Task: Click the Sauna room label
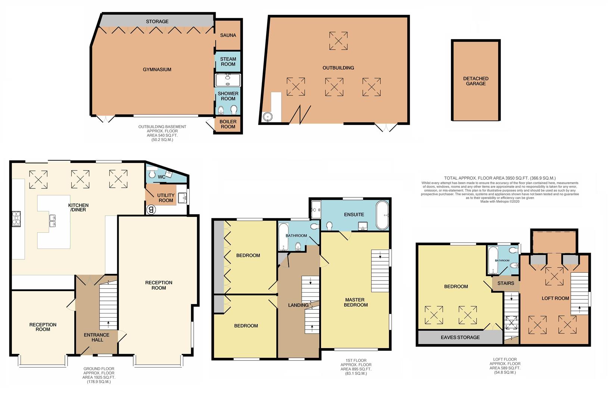[x=228, y=35]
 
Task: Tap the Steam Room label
[x=228, y=62]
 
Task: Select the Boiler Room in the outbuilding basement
[x=228, y=124]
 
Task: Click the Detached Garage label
[x=476, y=81]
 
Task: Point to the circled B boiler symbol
[x=151, y=210]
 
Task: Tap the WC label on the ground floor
[x=161, y=177]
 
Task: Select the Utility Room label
[x=166, y=198]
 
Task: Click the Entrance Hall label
[x=97, y=337]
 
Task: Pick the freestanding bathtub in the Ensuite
[x=383, y=215]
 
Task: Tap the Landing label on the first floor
[x=299, y=305]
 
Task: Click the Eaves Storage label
[x=460, y=337]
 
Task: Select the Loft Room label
[x=555, y=298]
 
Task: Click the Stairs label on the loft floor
[x=506, y=283]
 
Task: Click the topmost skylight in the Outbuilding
[x=338, y=41]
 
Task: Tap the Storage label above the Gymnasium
[x=157, y=22]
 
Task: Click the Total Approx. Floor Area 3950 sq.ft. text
[x=500, y=178]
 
